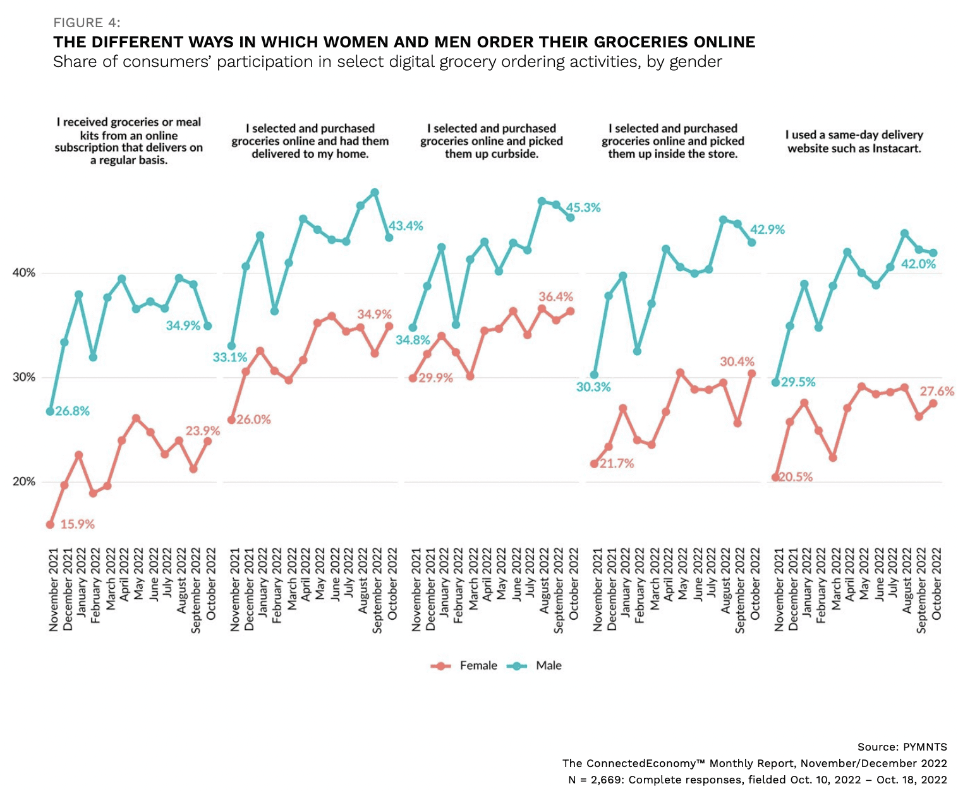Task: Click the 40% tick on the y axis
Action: tap(24, 273)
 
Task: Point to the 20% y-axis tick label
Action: tap(24, 481)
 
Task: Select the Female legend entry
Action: tap(478, 665)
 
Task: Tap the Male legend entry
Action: tap(548, 665)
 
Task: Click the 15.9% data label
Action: tap(77, 524)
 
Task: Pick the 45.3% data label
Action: tap(583, 207)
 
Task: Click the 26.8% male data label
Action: tap(72, 411)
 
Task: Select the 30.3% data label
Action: tap(593, 387)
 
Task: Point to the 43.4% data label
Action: tap(405, 226)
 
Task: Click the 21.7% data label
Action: tap(617, 463)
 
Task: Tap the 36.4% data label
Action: tap(555, 296)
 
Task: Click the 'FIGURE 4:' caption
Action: tap(87, 23)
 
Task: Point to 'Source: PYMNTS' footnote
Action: tap(902, 746)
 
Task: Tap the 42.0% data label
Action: tap(918, 264)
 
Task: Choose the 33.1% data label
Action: tap(229, 357)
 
